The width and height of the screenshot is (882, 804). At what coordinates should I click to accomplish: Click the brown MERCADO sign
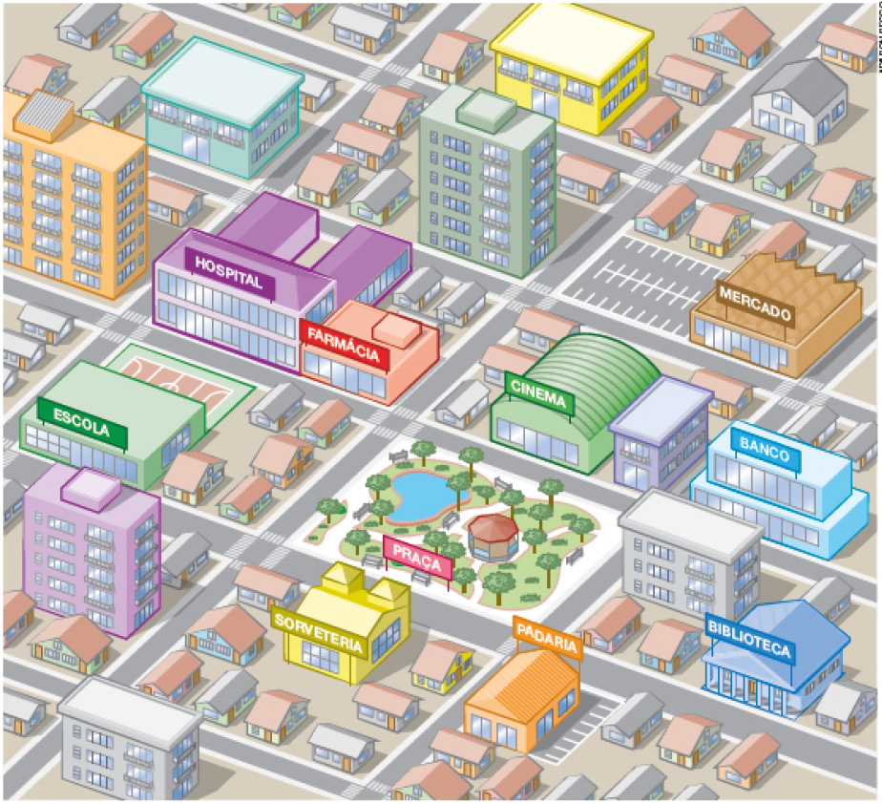click(755, 305)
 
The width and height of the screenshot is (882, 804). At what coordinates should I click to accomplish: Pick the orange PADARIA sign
click(548, 637)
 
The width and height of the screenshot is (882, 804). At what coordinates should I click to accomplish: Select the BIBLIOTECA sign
click(749, 639)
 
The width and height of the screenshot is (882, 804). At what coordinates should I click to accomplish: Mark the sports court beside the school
click(178, 374)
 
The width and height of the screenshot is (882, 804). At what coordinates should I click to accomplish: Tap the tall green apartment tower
click(487, 191)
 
